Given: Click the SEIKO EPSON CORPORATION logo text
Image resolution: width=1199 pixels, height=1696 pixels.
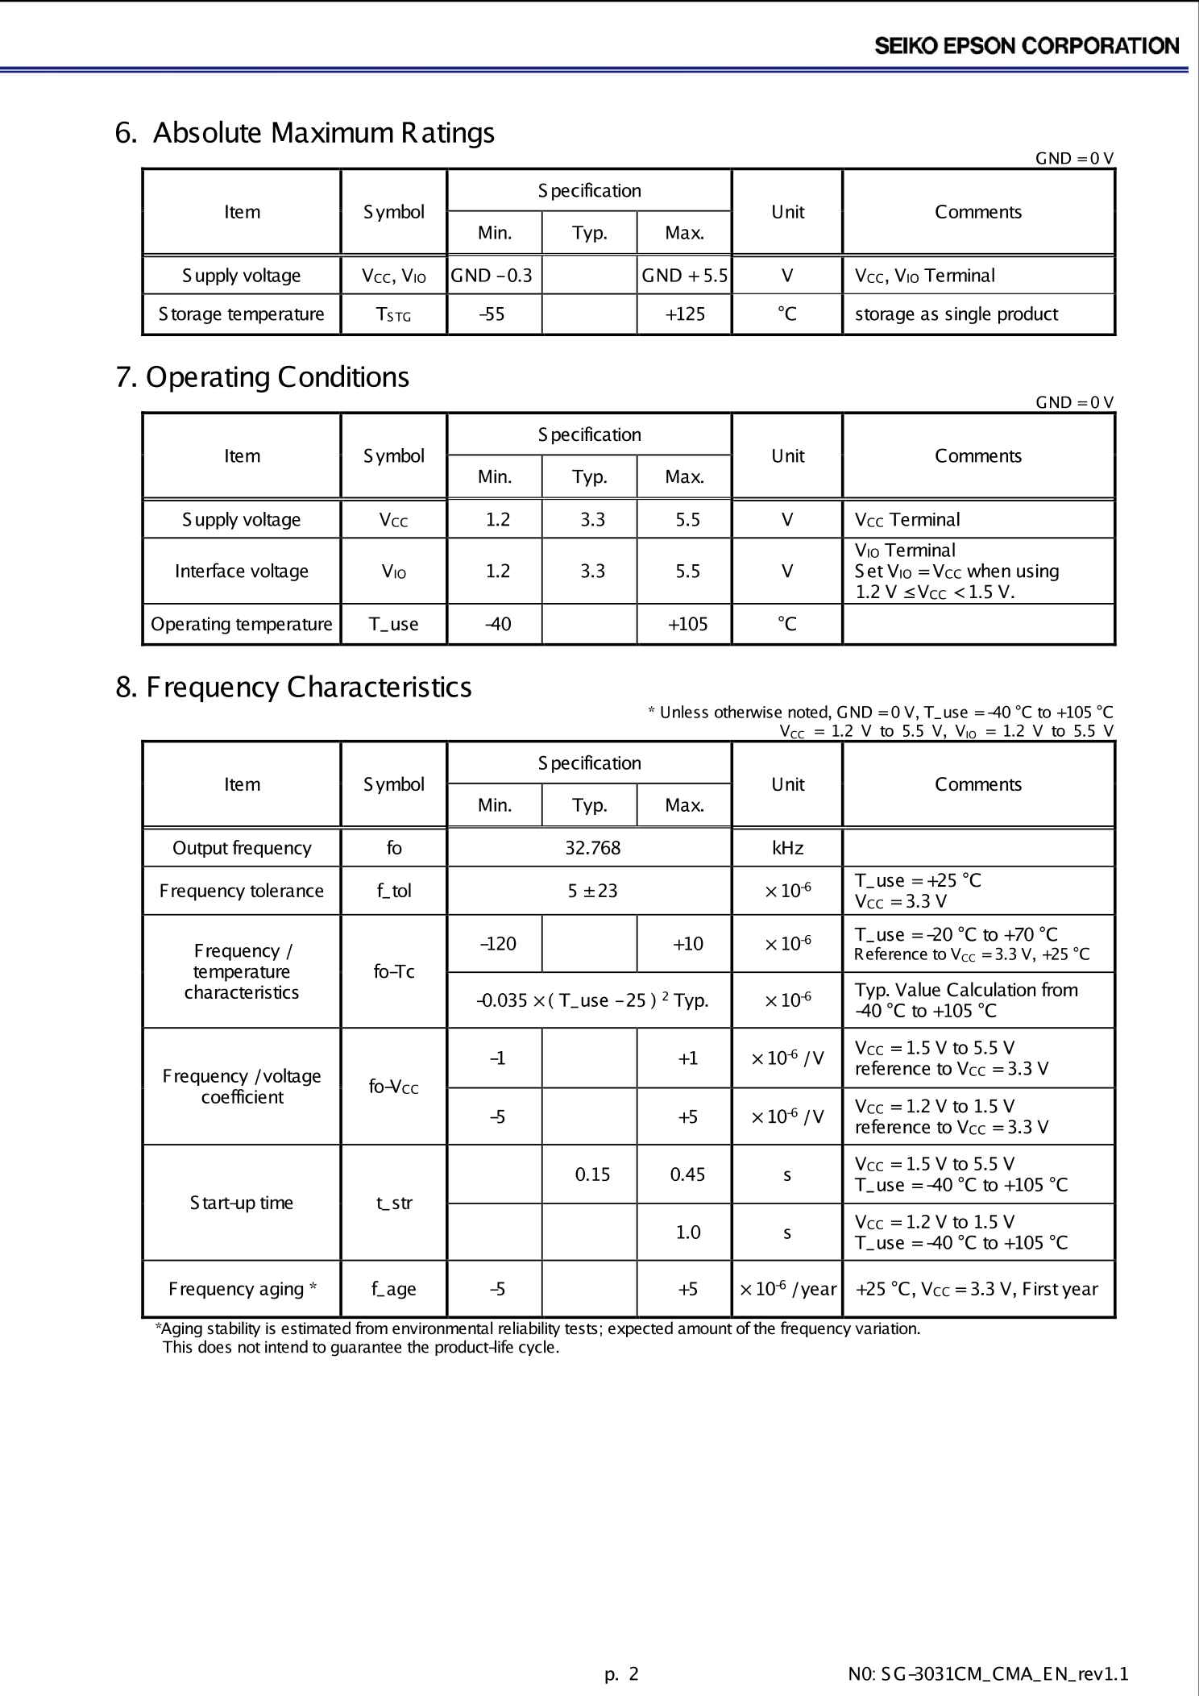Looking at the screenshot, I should (x=1027, y=46).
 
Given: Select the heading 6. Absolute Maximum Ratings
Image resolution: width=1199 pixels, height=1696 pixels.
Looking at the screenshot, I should (x=305, y=133).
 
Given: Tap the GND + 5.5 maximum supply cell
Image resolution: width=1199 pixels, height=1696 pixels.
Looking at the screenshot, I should (x=684, y=276).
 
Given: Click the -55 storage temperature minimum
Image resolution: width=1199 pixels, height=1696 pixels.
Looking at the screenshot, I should (x=492, y=314).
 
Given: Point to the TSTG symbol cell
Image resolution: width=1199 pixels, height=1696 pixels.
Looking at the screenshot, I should (x=393, y=314).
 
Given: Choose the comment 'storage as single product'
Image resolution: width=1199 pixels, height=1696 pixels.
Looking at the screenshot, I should (x=956, y=314).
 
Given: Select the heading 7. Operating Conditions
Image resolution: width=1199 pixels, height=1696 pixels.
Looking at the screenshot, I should (x=262, y=377).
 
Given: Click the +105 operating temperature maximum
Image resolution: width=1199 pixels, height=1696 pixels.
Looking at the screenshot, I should (x=687, y=624).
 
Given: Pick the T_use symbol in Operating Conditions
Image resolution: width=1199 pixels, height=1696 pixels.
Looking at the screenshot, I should (x=393, y=624).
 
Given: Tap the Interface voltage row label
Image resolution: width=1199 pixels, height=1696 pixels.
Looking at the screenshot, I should (x=242, y=572).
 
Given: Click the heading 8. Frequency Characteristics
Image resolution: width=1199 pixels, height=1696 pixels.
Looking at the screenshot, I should (x=293, y=688).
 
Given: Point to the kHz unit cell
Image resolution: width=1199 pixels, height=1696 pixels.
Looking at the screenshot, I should (x=787, y=848).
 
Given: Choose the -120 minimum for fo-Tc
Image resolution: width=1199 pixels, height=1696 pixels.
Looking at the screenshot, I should (x=498, y=944).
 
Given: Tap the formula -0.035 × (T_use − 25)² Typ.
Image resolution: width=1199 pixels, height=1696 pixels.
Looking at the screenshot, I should (x=592, y=1000).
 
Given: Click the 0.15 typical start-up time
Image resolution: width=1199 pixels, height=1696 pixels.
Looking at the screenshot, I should (x=592, y=1174).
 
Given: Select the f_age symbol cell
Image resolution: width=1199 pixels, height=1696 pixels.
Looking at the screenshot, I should (x=393, y=1289).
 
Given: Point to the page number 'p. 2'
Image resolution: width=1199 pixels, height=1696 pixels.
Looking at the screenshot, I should (x=621, y=1674).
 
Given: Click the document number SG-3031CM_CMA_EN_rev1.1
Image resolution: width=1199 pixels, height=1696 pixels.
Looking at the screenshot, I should (x=988, y=1674).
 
